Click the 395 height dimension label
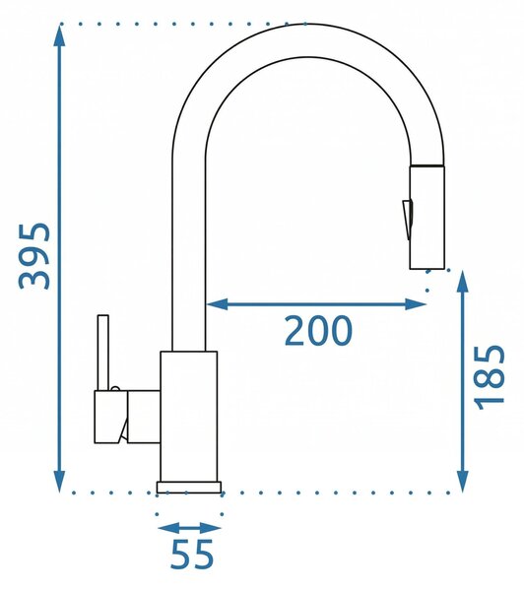34,256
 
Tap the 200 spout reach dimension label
318,331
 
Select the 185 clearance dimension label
489,377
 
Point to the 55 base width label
192,555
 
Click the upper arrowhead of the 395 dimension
59,34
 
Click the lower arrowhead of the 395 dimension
59,481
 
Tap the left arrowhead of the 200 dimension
218,303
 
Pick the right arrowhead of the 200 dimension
416,303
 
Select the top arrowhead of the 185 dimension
462,281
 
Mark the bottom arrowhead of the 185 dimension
462,482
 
